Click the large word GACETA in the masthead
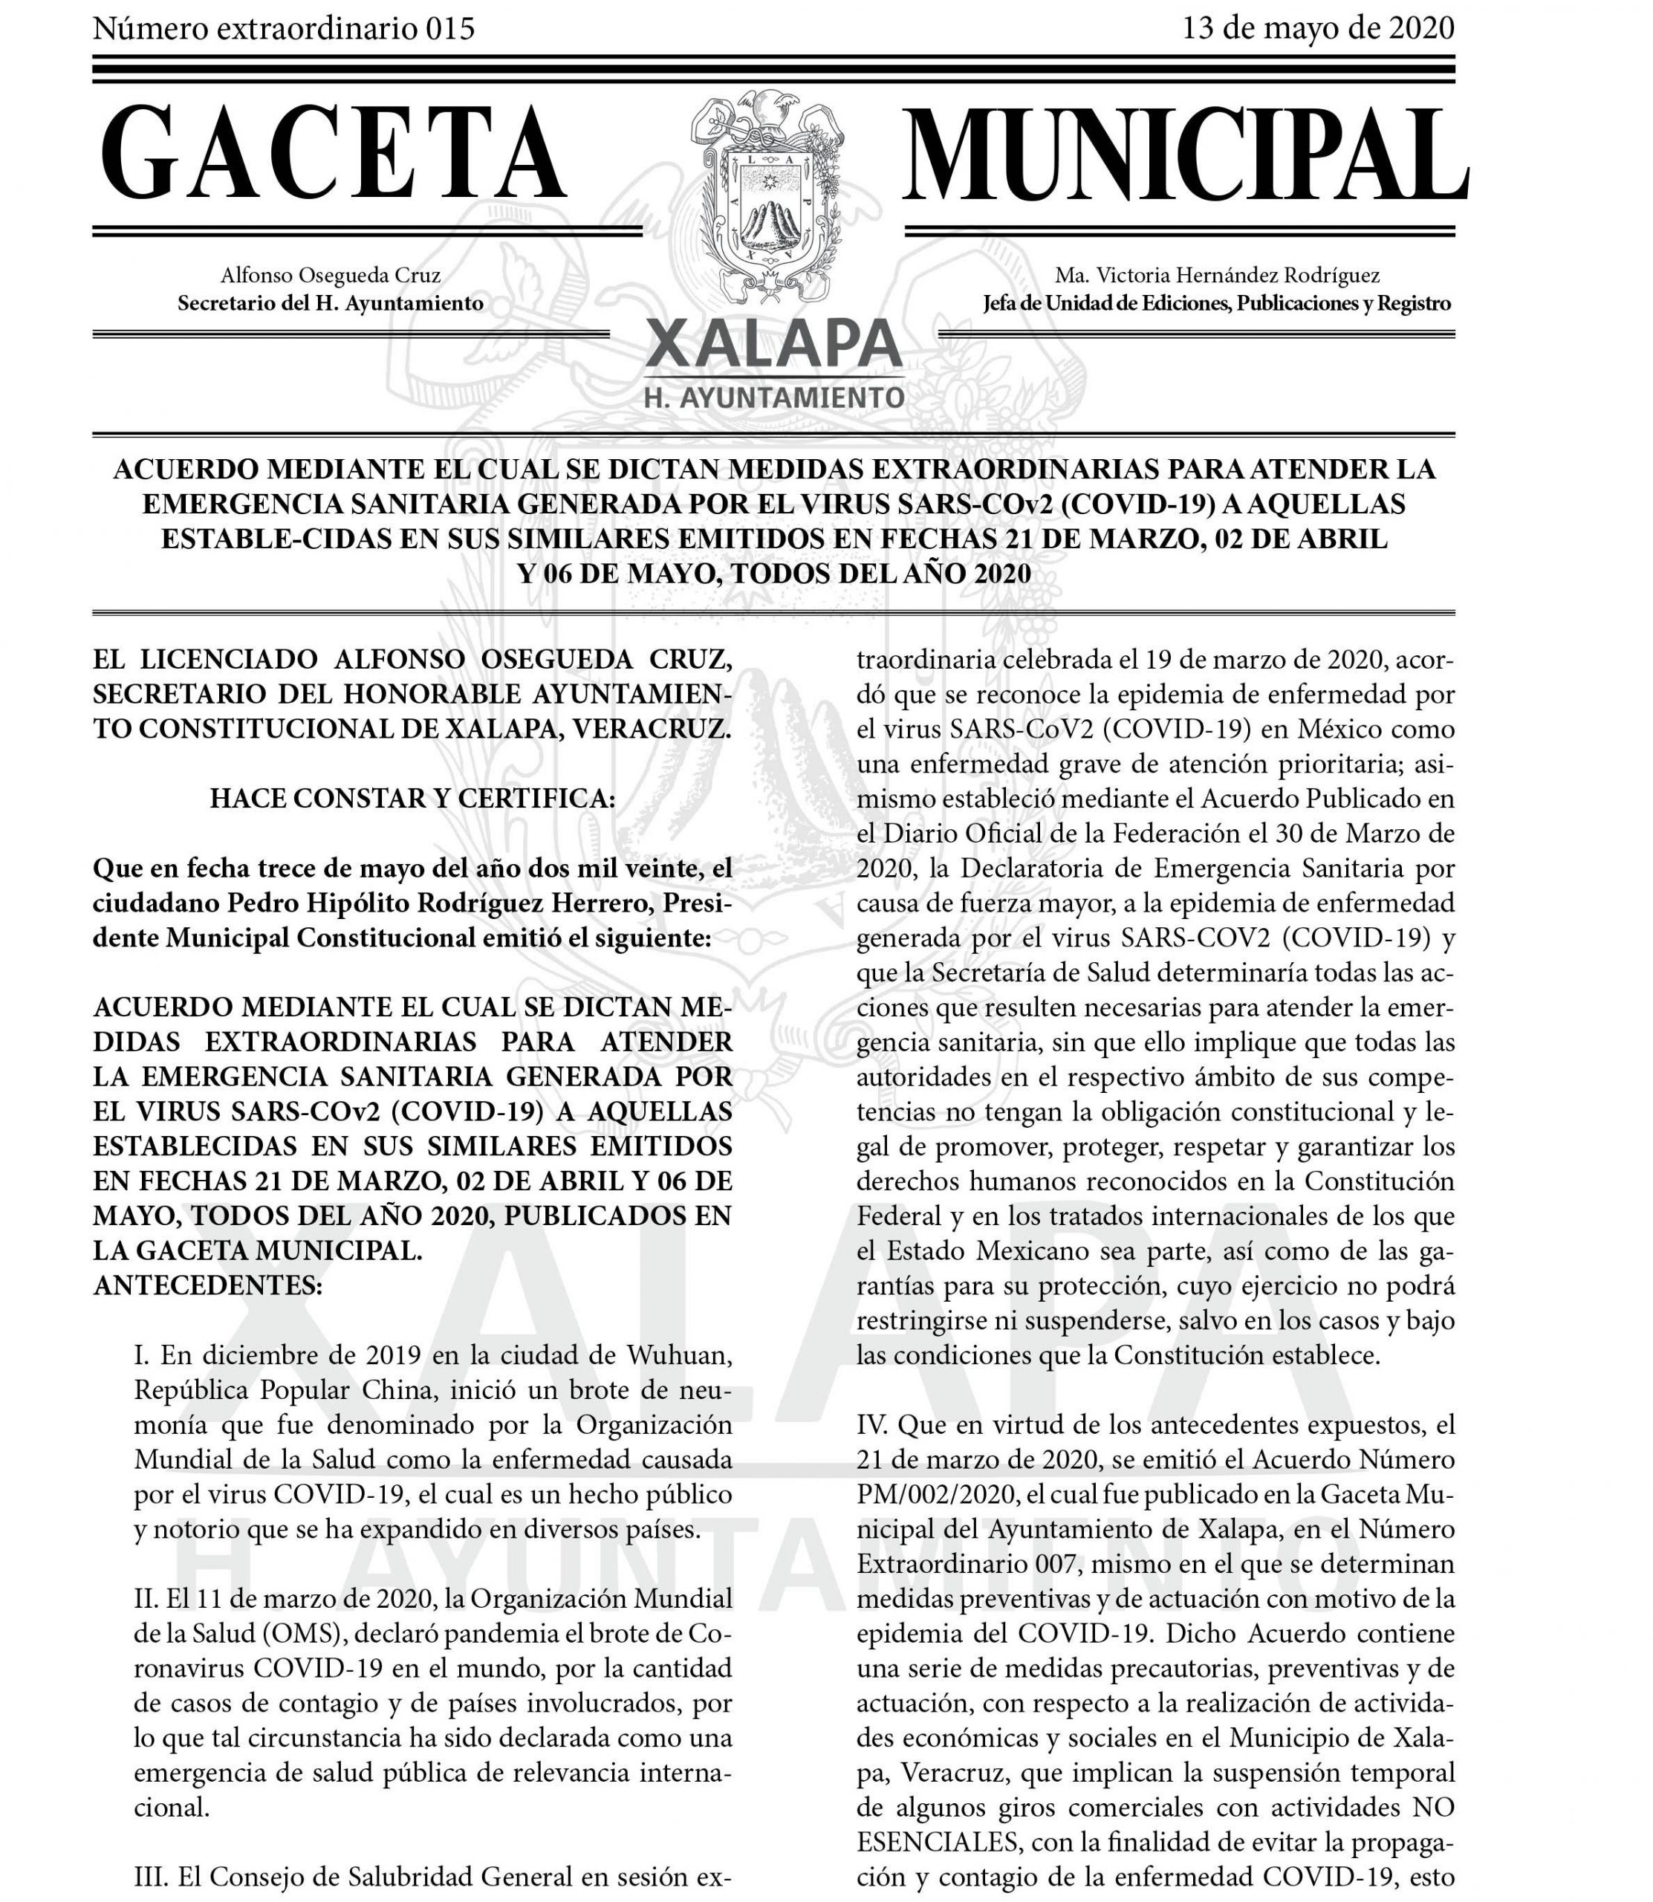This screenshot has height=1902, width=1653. pyautogui.click(x=333, y=154)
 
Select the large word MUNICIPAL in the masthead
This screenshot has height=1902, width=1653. pyautogui.click(x=1184, y=154)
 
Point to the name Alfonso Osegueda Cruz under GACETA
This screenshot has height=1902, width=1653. pyautogui.click(x=331, y=275)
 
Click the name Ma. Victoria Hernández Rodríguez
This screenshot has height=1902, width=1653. pyautogui.click(x=1218, y=275)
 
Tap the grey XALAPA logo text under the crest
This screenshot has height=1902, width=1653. pyautogui.click(x=774, y=344)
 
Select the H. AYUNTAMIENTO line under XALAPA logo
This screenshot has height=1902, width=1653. pyautogui.click(x=774, y=397)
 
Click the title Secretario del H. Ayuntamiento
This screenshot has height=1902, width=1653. pyautogui.click(x=331, y=302)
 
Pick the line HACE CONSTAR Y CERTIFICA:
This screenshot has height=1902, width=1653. pyautogui.click(x=412, y=799)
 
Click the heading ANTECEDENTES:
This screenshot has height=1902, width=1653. pyautogui.click(x=207, y=1286)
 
